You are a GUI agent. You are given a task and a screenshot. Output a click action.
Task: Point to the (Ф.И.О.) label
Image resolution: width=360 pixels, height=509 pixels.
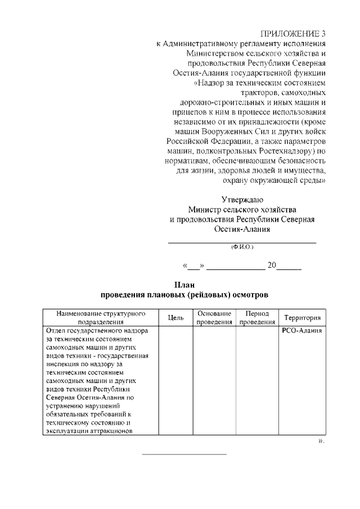point(242,247)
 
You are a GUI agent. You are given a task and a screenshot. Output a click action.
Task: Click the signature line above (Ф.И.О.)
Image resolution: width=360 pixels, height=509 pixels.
point(242,242)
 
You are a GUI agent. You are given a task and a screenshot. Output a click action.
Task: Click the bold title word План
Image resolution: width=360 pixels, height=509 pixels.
point(184,284)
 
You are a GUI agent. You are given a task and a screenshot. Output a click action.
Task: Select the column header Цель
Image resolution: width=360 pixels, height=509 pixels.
point(176,318)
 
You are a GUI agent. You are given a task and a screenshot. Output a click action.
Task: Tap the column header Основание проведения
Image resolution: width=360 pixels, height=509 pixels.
point(214,318)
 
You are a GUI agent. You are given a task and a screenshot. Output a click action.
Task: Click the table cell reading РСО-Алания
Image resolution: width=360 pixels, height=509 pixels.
point(301,331)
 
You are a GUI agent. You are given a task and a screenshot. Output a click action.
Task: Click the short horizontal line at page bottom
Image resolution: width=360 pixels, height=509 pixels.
point(184,453)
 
